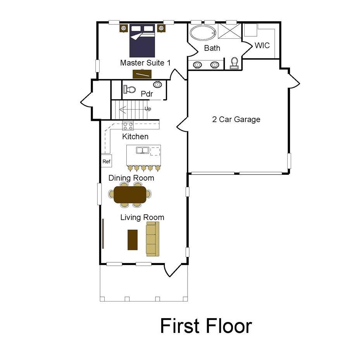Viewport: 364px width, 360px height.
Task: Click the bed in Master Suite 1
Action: [142, 40]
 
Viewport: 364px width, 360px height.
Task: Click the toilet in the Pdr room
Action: [129, 90]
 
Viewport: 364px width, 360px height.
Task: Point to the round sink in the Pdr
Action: [158, 84]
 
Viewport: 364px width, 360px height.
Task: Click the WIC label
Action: [262, 45]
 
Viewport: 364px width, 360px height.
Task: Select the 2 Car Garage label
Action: [236, 119]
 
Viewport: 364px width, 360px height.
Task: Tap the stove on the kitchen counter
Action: [128, 126]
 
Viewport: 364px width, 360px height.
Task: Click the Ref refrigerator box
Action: [106, 161]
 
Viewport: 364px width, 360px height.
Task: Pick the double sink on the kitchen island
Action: [142, 150]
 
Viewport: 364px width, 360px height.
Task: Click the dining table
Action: [130, 195]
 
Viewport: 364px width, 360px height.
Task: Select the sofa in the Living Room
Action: [152, 238]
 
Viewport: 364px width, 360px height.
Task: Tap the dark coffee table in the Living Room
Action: [133, 239]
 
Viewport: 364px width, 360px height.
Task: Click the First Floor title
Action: [206, 326]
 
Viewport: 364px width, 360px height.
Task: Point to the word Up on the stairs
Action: [148, 109]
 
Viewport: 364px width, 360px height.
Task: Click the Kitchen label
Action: [135, 136]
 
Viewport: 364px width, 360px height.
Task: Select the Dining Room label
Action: [131, 178]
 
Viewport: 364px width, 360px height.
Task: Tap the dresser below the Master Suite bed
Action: [142, 74]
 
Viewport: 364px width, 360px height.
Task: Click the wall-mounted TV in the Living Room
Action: [103, 233]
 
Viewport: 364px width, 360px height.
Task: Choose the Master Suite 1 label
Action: [145, 62]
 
